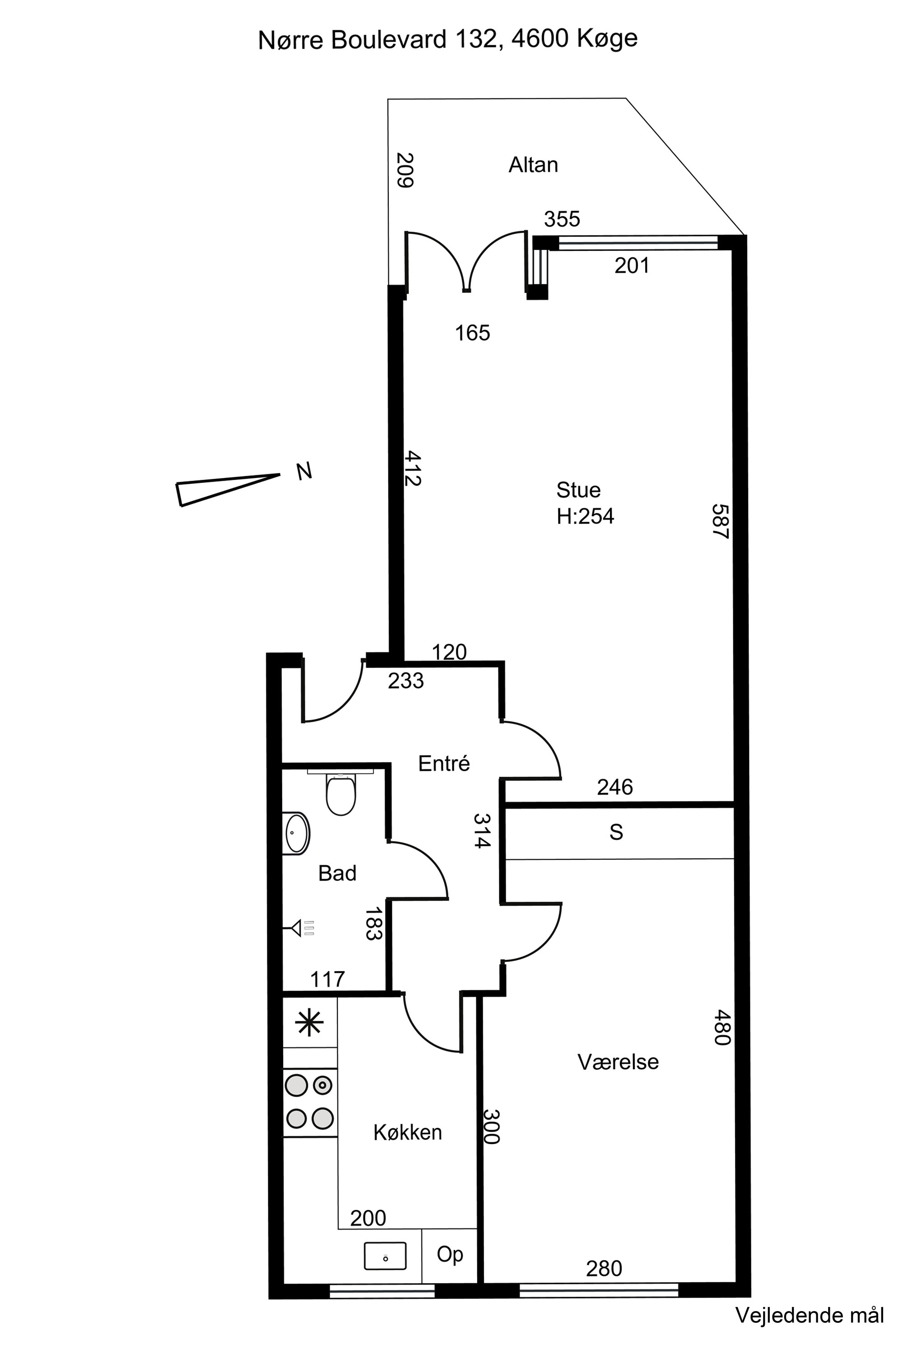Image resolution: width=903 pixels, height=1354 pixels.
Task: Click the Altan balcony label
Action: coord(533,165)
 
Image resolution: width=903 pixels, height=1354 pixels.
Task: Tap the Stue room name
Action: coord(578,490)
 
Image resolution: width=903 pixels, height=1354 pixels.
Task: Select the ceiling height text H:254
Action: coord(585,516)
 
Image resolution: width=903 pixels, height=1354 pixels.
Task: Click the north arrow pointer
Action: coord(228,490)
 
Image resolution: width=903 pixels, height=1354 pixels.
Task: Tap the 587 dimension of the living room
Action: coord(721,522)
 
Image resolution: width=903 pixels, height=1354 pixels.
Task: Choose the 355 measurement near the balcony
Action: coord(562,219)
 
